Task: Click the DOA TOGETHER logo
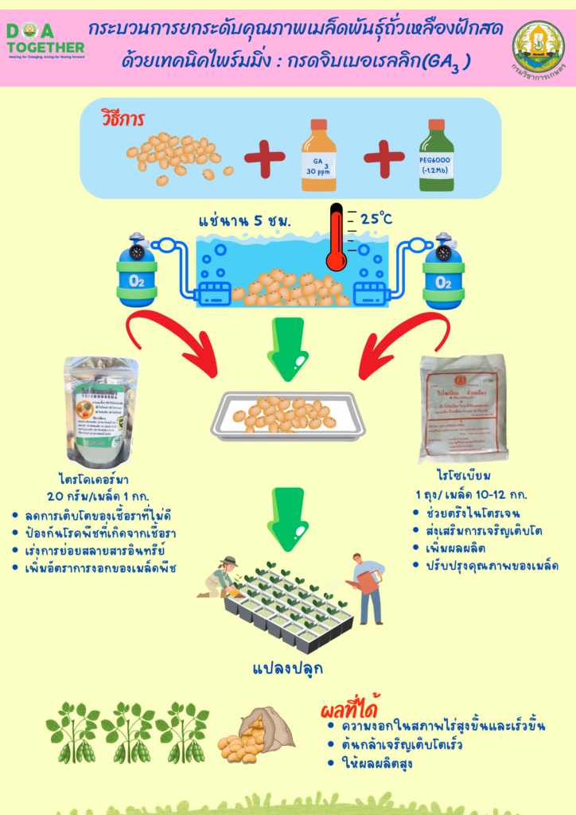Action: point(45,41)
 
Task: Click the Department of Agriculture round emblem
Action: point(538,46)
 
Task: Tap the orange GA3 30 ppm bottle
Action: point(318,156)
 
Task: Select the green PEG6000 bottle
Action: point(435,156)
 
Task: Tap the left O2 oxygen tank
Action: point(136,270)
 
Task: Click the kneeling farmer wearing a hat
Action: point(220,576)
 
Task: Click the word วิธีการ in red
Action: point(123,119)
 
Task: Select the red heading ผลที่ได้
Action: point(349,708)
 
